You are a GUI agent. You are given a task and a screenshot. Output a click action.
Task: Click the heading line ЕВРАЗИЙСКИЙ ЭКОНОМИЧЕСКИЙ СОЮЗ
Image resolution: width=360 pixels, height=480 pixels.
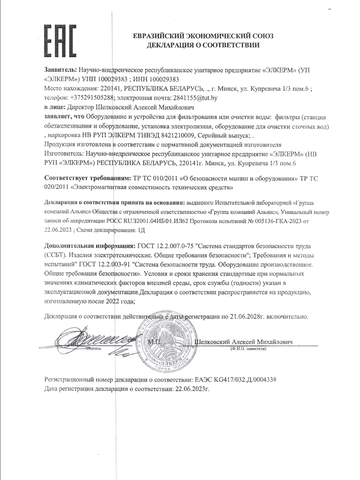[x=203, y=36]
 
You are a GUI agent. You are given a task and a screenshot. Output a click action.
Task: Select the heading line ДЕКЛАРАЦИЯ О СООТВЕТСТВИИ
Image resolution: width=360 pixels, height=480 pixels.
[x=203, y=45]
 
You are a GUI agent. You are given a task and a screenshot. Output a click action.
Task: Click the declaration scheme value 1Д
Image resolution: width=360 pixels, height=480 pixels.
[x=141, y=229]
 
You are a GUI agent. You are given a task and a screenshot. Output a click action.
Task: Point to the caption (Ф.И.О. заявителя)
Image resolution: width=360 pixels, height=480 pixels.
[x=248, y=349]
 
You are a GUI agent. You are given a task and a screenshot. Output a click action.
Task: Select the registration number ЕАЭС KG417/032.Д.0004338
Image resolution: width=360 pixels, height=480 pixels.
[x=236, y=380]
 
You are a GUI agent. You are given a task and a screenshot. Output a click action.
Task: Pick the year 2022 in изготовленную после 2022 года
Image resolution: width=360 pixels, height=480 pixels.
[x=114, y=302]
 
